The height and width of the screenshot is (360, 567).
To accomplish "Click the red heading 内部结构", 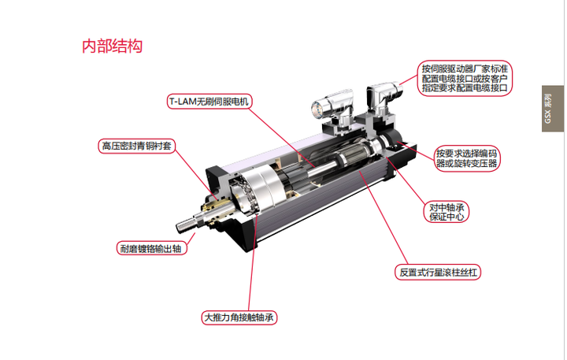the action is click(112, 46).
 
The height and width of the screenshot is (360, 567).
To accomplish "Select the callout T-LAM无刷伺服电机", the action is click(209, 102).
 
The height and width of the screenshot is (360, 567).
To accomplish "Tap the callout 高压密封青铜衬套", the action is click(137, 146).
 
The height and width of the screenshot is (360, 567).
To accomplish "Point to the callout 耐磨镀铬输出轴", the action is click(151, 249).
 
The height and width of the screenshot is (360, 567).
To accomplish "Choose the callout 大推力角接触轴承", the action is click(239, 317).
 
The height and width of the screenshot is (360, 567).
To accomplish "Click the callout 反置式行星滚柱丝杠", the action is click(438, 272).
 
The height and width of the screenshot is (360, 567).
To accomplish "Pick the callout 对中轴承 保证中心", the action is click(447, 212).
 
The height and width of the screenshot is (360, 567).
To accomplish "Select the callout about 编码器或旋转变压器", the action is click(467, 158).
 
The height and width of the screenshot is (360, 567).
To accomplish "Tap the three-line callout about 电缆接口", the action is click(465, 78).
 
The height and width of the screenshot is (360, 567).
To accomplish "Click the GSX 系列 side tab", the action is click(553, 109).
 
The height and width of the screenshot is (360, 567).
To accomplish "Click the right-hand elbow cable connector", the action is click(383, 98).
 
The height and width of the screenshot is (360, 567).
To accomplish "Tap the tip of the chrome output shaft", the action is click(179, 227).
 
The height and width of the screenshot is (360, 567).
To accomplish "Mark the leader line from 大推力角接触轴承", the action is click(253, 262).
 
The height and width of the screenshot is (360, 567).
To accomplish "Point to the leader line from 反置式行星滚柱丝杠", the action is click(384, 217).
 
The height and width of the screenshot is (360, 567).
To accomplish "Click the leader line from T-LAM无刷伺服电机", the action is click(281, 137).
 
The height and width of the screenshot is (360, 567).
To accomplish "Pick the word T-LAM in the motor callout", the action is click(183, 102).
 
